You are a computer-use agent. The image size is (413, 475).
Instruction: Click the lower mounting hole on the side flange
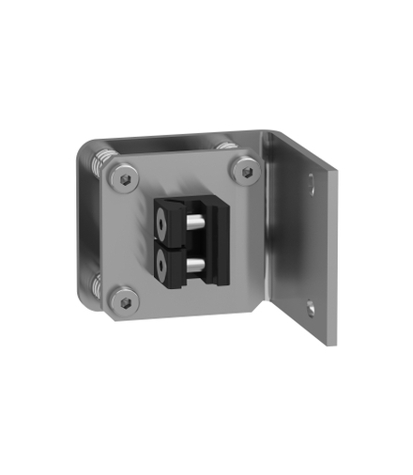click(x=309, y=305)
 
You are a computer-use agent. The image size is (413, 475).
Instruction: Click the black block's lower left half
click(x=166, y=267)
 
